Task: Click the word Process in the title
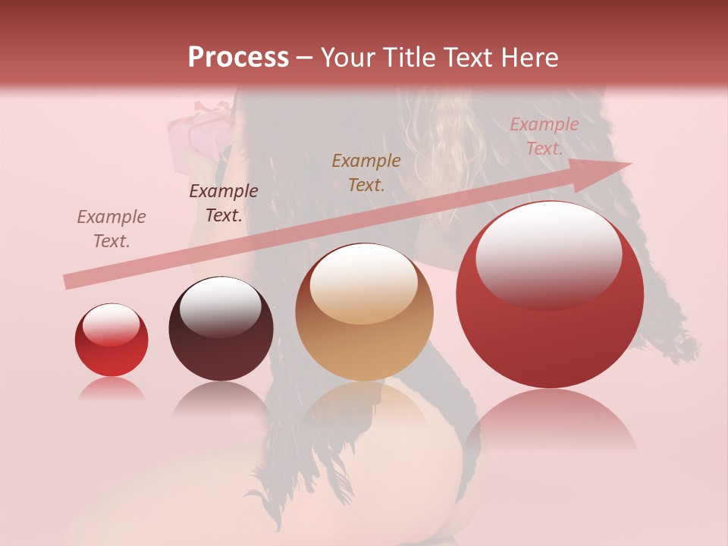coord(238,57)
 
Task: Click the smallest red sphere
coord(111,340)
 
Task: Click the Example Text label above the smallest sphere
coord(111,229)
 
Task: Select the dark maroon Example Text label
coord(223,203)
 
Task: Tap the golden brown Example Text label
coord(366,172)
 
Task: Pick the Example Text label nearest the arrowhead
coord(544,136)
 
